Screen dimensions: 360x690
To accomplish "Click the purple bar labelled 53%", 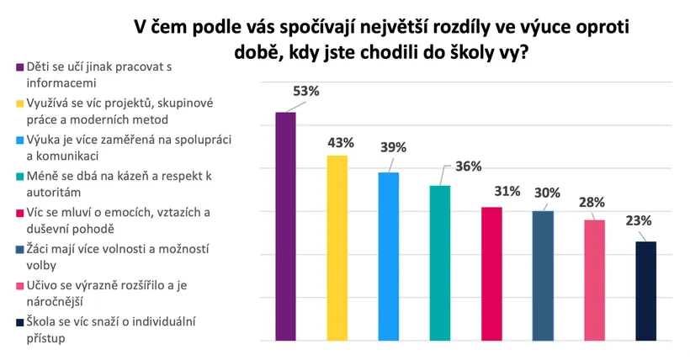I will [x=286, y=227].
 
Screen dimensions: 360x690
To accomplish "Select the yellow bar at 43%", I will [x=337, y=248].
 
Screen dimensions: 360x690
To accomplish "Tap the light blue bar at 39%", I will [x=389, y=257].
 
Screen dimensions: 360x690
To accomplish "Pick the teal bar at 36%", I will [x=440, y=262].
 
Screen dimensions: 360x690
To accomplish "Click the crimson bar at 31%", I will [x=491, y=273].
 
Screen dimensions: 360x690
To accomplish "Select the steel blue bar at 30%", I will [x=544, y=276].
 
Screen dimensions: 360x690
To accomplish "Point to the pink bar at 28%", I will [x=595, y=280].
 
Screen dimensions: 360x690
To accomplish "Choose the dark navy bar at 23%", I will [x=646, y=291].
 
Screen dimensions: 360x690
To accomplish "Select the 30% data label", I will [x=548, y=193].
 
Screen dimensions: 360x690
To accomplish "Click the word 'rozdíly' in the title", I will [x=432, y=27].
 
